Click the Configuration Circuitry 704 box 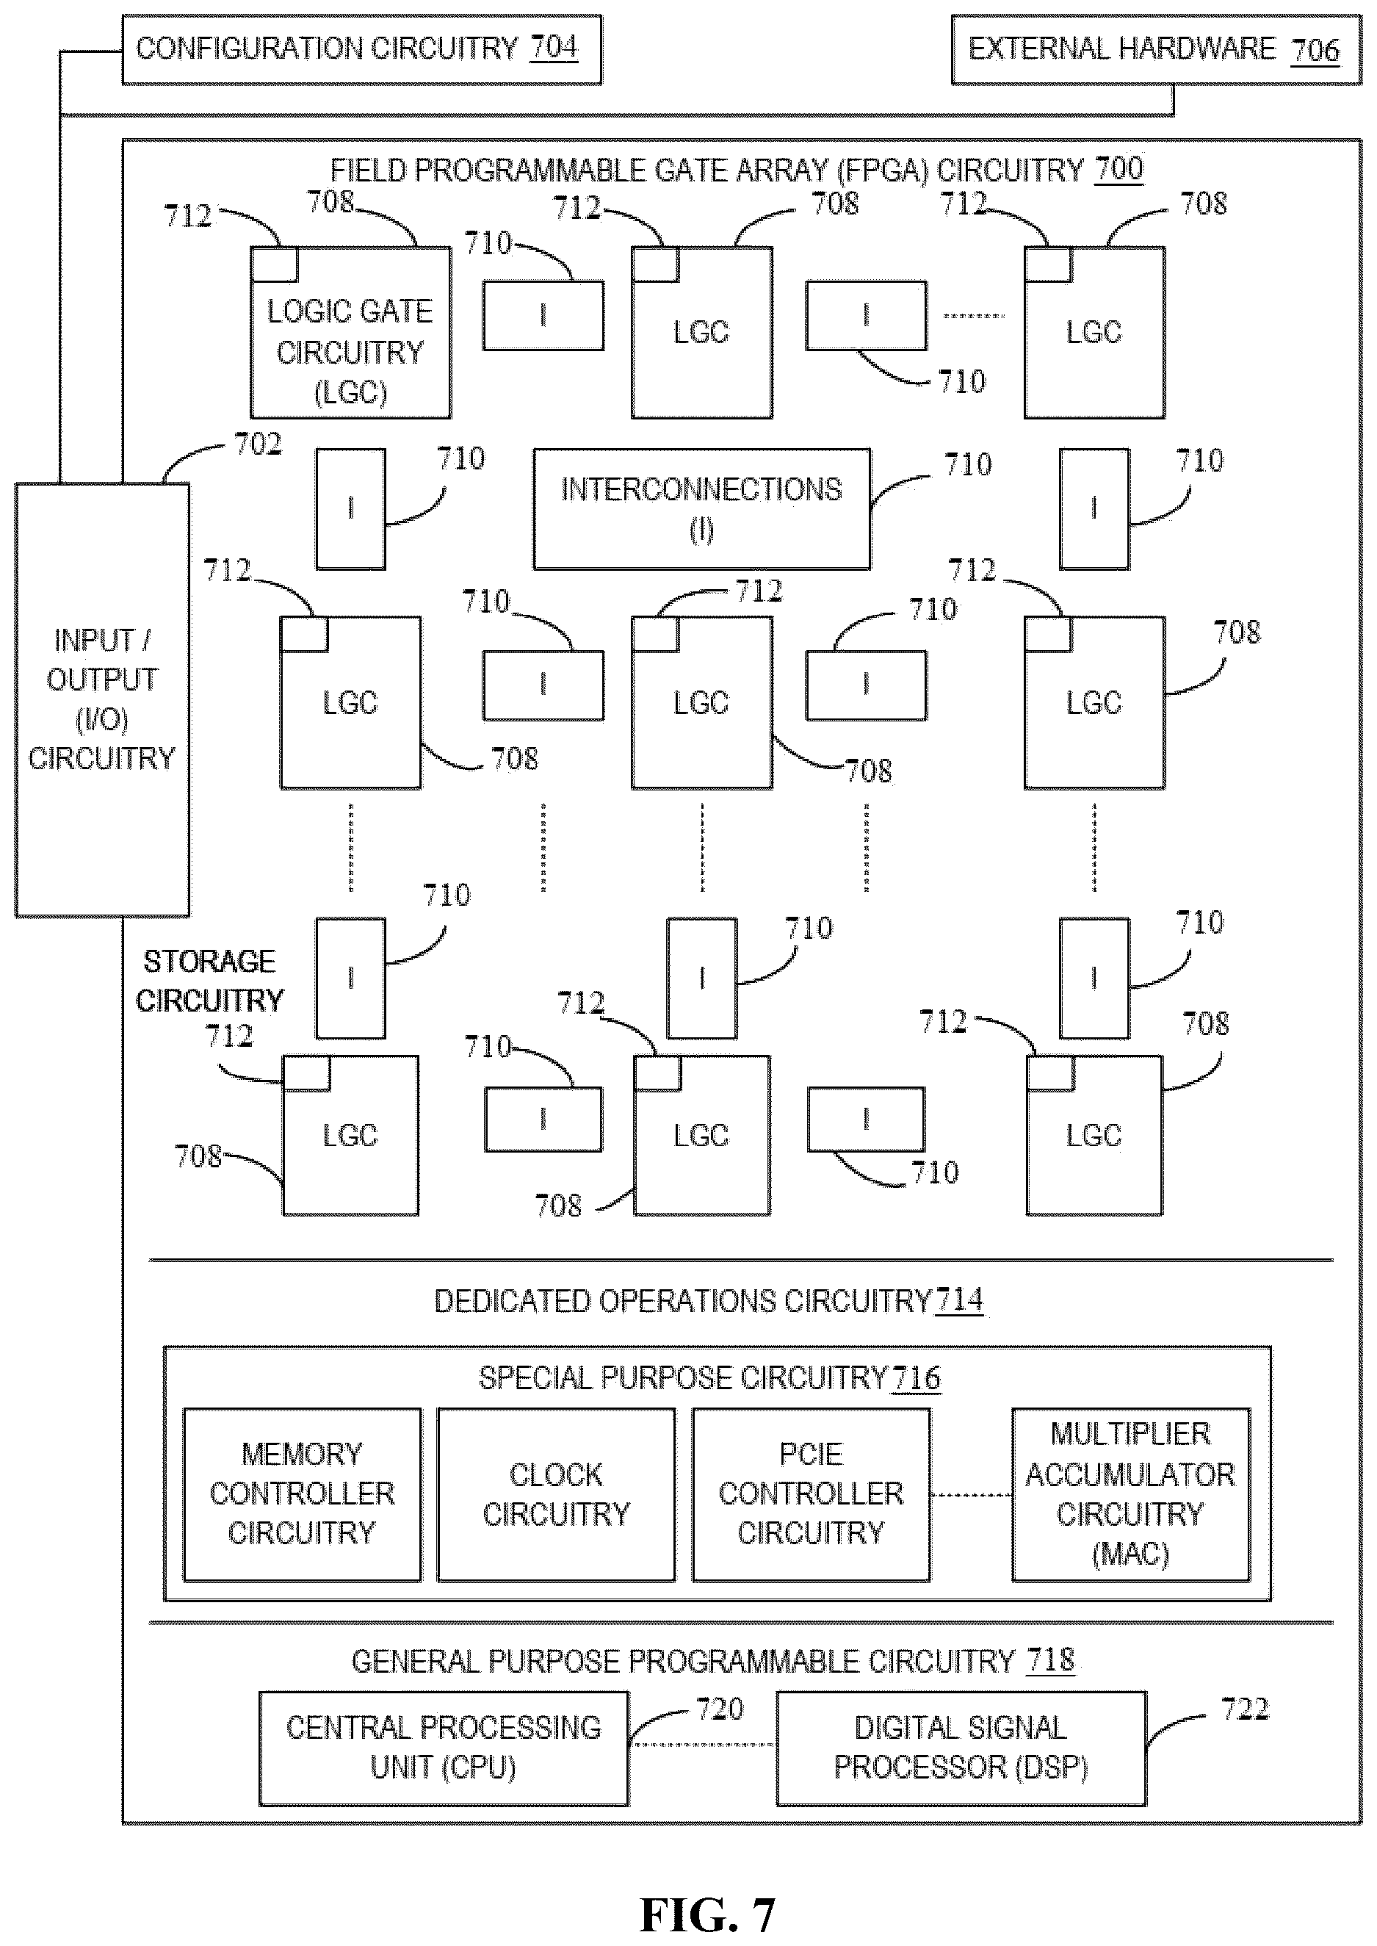(362, 49)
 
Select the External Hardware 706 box (1157, 49)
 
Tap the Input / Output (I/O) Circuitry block (102, 699)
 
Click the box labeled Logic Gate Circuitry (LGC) (350, 332)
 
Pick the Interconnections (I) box (701, 509)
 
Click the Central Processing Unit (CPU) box (444, 1748)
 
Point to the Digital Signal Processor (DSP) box (961, 1748)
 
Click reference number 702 (258, 444)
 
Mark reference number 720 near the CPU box (720, 1709)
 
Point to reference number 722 (1245, 1709)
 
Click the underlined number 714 (959, 1300)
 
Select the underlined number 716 (917, 1378)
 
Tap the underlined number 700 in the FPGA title (1119, 169)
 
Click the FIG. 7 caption (707, 1914)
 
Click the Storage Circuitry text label (209, 981)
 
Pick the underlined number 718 (1050, 1659)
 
